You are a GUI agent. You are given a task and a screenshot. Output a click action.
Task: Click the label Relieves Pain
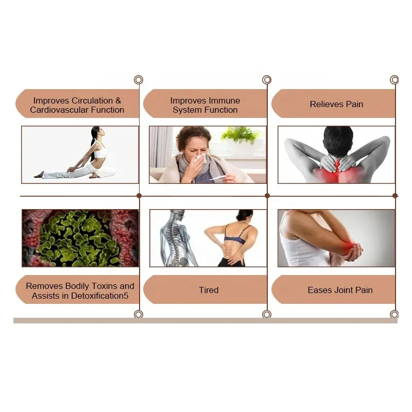tap(336, 104)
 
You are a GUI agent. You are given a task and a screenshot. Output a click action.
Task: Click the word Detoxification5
tap(99, 296)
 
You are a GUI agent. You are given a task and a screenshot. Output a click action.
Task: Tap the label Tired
tap(209, 290)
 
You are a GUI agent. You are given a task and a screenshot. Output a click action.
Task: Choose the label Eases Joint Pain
tap(340, 290)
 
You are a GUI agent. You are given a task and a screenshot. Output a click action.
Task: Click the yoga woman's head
tap(94, 133)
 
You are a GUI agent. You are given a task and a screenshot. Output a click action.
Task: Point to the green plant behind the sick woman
tap(240, 135)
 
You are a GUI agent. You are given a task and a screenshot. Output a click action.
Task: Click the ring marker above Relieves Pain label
tap(394, 80)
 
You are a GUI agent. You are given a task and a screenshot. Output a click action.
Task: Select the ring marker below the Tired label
tap(266, 314)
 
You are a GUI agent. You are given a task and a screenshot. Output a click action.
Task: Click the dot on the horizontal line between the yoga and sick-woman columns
tap(139, 196)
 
